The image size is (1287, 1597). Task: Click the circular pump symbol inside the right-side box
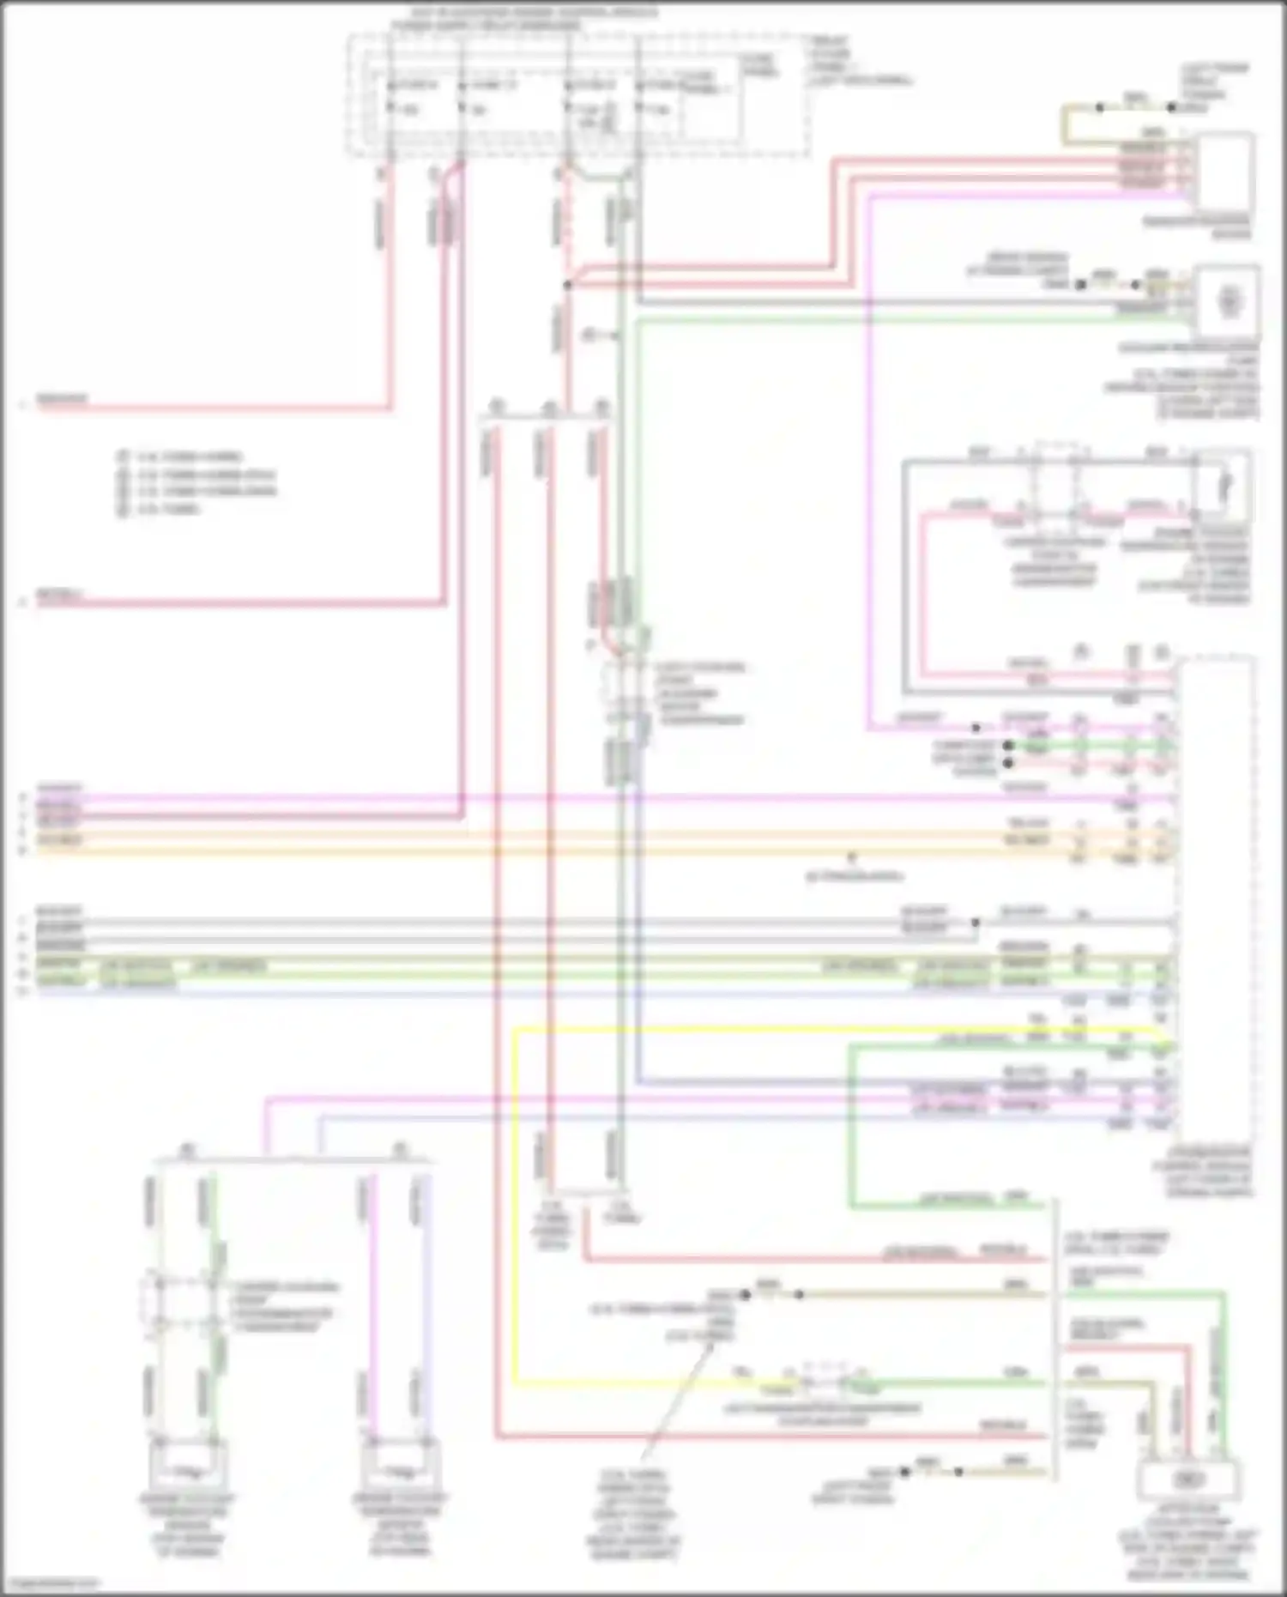click(1229, 302)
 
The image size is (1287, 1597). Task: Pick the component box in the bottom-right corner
click(1187, 1480)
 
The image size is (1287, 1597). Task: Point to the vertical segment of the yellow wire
click(515, 1201)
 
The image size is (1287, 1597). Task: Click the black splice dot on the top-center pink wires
click(567, 284)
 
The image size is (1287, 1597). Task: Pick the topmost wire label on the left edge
click(60, 400)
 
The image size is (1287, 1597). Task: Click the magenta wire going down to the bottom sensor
click(372, 1287)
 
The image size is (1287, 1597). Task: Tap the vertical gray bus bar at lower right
click(1054, 1339)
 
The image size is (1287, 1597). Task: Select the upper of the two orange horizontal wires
click(601, 833)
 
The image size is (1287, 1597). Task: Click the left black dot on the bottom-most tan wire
click(904, 1472)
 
